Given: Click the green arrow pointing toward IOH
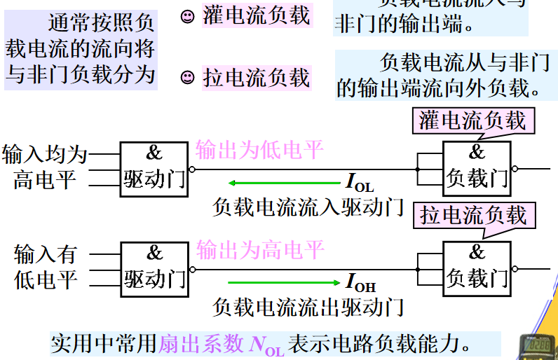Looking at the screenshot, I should click(283, 283).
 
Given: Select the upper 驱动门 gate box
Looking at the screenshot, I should click(154, 168).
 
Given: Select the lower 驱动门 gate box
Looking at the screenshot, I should click(154, 268).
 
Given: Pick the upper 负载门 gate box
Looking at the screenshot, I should click(477, 168).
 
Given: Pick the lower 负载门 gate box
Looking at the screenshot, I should click(477, 268).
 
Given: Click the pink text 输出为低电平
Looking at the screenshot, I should click(259, 149).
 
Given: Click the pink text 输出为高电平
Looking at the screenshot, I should click(259, 249).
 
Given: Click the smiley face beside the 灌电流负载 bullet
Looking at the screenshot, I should click(187, 17).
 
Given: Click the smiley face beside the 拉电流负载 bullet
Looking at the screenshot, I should click(187, 77).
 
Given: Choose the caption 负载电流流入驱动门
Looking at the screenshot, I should click(308, 206).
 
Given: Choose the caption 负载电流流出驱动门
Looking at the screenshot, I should click(308, 306).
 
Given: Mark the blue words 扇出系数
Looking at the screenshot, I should click(201, 344).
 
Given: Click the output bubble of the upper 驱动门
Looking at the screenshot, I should click(193, 169).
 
